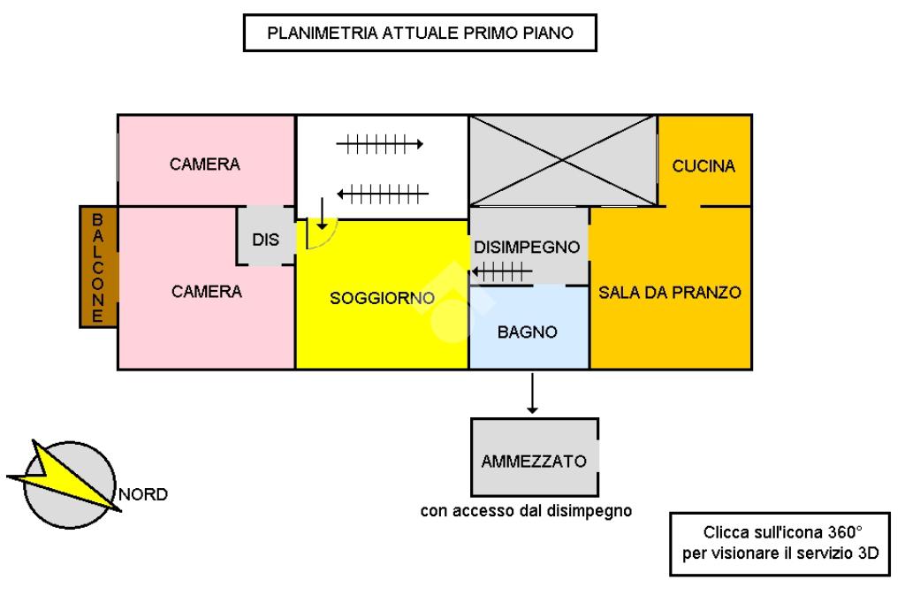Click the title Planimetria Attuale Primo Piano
[421, 34]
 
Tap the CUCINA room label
[703, 166]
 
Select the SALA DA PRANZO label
[669, 292]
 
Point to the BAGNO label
[527, 332]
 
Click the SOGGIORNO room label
[382, 298]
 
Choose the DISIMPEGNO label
[527, 246]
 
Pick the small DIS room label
[265, 240]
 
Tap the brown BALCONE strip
[98, 266]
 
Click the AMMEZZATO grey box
[534, 461]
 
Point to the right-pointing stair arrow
[381, 143]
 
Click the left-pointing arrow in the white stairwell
[384, 192]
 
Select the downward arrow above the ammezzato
[532, 393]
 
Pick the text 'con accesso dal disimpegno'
[526, 510]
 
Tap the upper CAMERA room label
[205, 164]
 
